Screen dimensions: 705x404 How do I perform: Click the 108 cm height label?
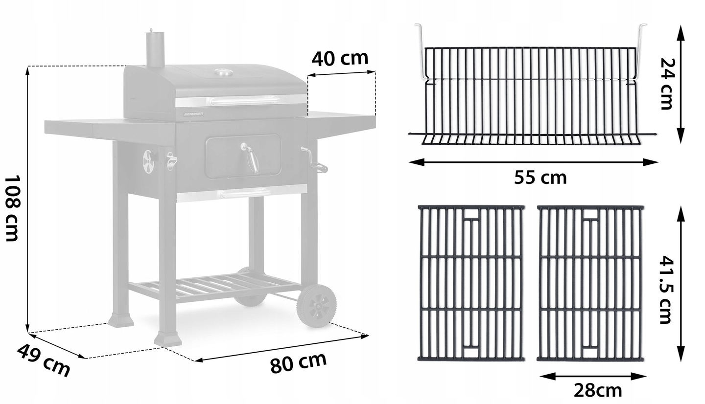pos(12,208)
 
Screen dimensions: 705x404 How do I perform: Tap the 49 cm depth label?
pos(44,360)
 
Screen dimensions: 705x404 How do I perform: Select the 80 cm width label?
pos(298,362)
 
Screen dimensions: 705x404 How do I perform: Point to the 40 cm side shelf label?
pos(340,58)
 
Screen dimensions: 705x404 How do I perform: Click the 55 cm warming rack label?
pos(540,178)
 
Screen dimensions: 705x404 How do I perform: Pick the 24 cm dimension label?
pos(666,83)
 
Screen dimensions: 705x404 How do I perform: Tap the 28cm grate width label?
pos(598,391)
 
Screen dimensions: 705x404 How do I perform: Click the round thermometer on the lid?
pos(224,72)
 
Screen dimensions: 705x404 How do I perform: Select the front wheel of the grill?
pos(317,305)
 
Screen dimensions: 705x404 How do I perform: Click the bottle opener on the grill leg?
pos(171,160)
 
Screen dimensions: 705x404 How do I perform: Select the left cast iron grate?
pos(471,283)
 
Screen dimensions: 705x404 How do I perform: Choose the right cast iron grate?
pos(590,283)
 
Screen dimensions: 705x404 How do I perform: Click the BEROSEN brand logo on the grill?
pos(193,114)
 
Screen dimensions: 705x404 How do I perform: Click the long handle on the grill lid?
pos(245,101)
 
